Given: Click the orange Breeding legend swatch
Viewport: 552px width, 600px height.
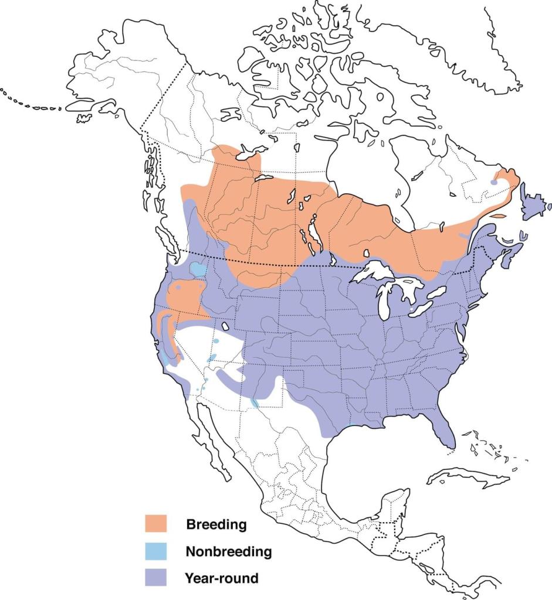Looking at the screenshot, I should tap(156, 523).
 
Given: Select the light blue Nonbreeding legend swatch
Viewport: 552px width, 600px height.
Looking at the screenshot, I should tap(156, 551).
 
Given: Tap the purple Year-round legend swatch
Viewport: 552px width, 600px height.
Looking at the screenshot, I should tap(156, 578).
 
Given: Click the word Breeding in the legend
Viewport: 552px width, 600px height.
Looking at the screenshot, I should tap(216, 524).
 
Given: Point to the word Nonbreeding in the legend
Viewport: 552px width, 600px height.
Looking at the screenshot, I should tap(228, 551).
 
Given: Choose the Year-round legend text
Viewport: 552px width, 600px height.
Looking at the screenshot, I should tap(221, 578).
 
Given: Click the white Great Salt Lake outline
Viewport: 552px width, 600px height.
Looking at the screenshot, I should tap(225, 326).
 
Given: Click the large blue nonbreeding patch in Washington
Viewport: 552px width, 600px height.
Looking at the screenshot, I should tap(199, 270).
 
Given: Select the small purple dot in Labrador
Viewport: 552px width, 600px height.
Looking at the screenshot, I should tap(494, 182).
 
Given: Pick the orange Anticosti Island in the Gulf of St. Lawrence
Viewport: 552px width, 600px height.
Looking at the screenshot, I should tap(497, 216).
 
